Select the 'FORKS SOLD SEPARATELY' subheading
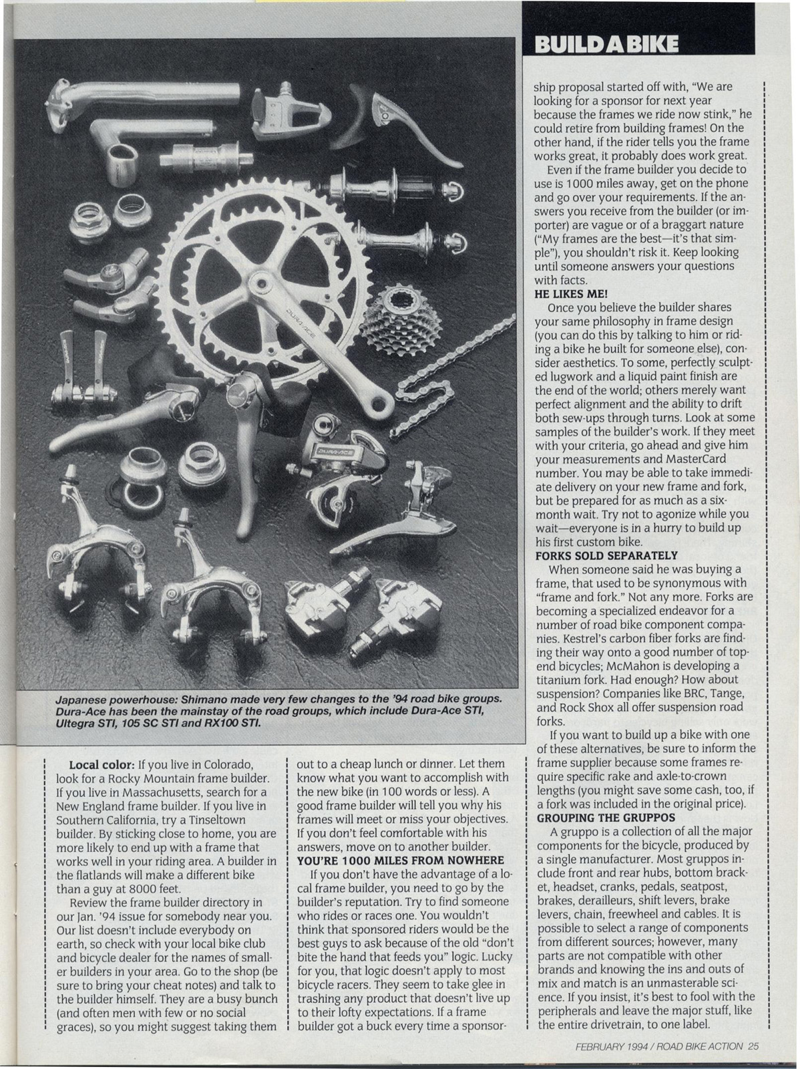pyautogui.click(x=606, y=555)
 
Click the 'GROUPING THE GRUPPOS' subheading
pyautogui.click(x=604, y=817)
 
